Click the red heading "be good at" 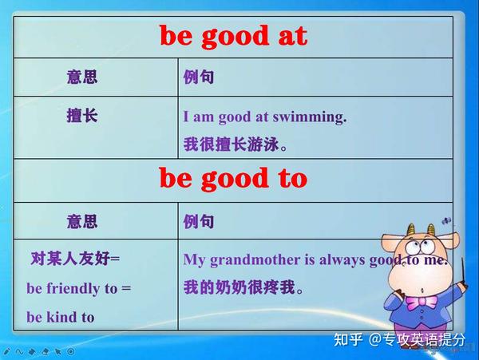232,36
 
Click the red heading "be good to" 232,179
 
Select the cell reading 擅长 82,117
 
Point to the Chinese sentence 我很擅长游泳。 235,145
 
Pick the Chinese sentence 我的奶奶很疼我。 243,287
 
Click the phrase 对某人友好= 74,259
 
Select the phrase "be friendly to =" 78,288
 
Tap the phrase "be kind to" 60,317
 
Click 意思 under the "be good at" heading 82,77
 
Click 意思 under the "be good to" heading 82,220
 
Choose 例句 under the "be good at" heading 199,77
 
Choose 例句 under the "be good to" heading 199,220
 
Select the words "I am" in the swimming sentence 199,117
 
